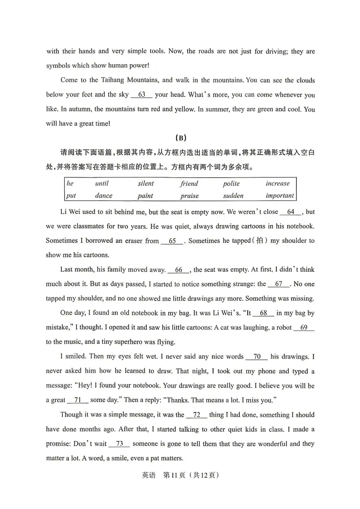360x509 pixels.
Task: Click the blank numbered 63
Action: point(141,95)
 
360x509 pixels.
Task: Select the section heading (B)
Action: point(180,138)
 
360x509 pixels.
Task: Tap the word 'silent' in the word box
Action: point(146,184)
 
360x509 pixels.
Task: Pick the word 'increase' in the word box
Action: point(278,184)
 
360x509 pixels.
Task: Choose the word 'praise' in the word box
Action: point(189,196)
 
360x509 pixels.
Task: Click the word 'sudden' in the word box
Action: point(233,196)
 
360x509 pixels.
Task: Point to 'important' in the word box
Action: point(280,196)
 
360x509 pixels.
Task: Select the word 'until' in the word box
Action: point(102,184)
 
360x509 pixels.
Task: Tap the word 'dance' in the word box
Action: point(104,196)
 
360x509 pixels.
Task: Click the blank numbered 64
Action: point(291,212)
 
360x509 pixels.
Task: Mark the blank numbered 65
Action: point(172,241)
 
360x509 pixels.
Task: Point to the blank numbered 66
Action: point(179,270)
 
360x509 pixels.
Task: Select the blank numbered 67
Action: point(279,284)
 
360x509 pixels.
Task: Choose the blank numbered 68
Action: point(263,313)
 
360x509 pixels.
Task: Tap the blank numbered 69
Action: point(304,327)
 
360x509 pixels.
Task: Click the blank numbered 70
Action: point(257,357)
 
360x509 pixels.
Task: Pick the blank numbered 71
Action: point(78,400)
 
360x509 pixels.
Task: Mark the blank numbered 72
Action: point(197,415)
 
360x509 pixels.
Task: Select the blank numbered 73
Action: point(119,444)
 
